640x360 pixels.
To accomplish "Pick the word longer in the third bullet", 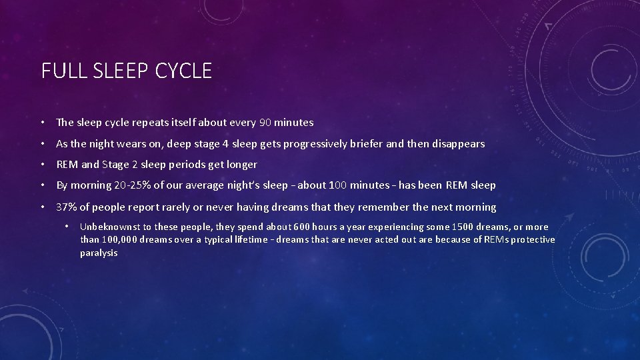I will (x=241, y=164).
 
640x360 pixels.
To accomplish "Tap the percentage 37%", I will (x=66, y=207).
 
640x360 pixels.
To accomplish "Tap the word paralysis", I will (x=99, y=253).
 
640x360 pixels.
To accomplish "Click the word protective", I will (x=531, y=240).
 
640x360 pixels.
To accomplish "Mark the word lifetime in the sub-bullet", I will (x=253, y=240).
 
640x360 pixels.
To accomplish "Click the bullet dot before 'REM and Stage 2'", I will (x=41, y=164).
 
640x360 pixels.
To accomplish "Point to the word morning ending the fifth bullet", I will (x=476, y=207).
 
